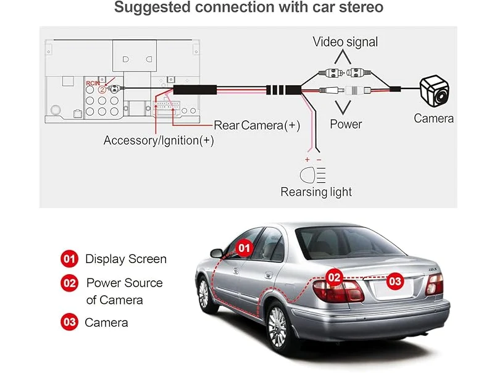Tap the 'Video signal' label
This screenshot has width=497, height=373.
345,42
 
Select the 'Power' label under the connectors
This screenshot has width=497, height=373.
346,124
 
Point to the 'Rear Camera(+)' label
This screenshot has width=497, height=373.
257,125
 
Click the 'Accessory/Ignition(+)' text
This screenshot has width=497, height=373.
159,140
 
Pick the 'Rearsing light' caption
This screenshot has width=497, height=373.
316,191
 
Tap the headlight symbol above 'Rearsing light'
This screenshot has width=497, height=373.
313,172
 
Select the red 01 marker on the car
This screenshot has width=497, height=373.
245,248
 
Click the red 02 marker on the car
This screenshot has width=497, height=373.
334,277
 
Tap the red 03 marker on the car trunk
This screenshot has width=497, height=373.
395,281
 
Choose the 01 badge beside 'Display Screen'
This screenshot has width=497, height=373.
69,259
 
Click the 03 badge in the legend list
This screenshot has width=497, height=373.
69,322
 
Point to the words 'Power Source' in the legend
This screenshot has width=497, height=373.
124,283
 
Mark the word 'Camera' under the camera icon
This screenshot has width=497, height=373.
433,119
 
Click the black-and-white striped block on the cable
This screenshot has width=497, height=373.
278,89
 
